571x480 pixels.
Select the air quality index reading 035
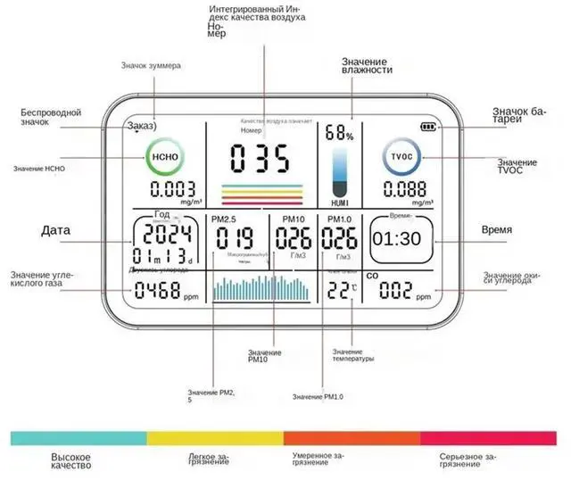click(260, 160)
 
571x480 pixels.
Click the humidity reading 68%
click(338, 134)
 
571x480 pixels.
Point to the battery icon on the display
click(432, 127)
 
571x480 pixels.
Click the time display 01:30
click(397, 239)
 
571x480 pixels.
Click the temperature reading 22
click(339, 289)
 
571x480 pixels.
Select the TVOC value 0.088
click(406, 189)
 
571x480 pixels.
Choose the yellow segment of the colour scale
click(215, 437)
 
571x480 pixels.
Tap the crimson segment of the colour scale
click(490, 437)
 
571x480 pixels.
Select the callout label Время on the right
click(497, 230)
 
